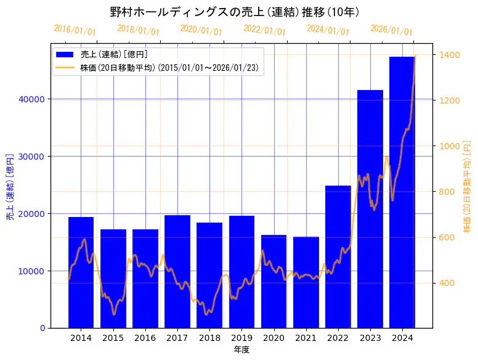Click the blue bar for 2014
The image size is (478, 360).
81,272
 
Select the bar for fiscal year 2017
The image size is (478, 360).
177,271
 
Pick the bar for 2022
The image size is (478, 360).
338,256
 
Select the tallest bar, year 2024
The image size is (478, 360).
402,192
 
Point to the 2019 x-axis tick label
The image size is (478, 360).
241,338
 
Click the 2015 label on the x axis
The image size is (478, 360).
113,338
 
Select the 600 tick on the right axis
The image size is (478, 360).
445,237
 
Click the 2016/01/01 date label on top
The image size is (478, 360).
75,30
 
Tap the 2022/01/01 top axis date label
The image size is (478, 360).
264,30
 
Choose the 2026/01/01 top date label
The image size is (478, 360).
391,30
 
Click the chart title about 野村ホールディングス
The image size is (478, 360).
235,12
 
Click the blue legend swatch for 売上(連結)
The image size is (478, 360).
65,55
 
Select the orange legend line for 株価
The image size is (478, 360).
65,67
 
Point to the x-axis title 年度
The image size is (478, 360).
241,350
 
